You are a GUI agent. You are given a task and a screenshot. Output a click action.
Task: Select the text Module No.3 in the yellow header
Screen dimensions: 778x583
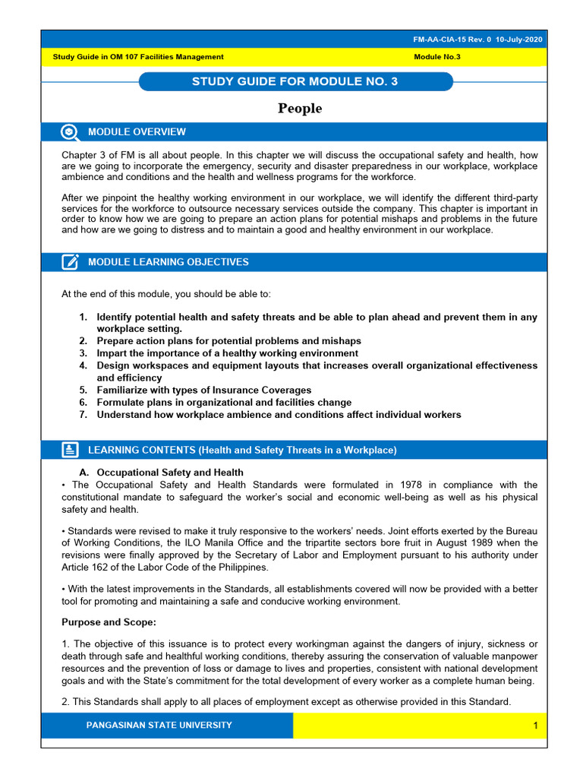click(437, 57)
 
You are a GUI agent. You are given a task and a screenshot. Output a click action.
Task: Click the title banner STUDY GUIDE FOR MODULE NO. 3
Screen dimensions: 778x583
click(295, 82)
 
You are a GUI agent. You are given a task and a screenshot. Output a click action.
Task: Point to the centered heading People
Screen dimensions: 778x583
click(300, 109)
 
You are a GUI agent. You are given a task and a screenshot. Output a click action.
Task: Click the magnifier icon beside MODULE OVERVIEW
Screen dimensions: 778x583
click(70, 132)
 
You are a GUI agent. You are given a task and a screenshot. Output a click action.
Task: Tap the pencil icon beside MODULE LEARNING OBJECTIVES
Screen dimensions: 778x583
click(70, 262)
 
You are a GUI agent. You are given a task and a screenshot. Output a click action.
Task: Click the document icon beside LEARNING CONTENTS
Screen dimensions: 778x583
click(70, 450)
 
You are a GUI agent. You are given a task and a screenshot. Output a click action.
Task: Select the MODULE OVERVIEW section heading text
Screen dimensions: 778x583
click(137, 132)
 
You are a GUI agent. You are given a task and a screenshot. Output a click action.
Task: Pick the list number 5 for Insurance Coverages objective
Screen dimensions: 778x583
click(83, 391)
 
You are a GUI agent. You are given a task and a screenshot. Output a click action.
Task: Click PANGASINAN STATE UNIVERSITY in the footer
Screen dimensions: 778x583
click(159, 726)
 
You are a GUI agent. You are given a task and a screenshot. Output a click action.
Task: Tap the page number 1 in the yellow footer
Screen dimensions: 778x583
click(535, 726)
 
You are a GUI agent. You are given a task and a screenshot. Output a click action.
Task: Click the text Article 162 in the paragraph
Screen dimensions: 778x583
click(89, 568)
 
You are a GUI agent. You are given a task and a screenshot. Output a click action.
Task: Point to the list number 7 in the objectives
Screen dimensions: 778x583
click(83, 415)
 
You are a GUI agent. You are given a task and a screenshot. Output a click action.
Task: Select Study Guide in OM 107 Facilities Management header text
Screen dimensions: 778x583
click(137, 57)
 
